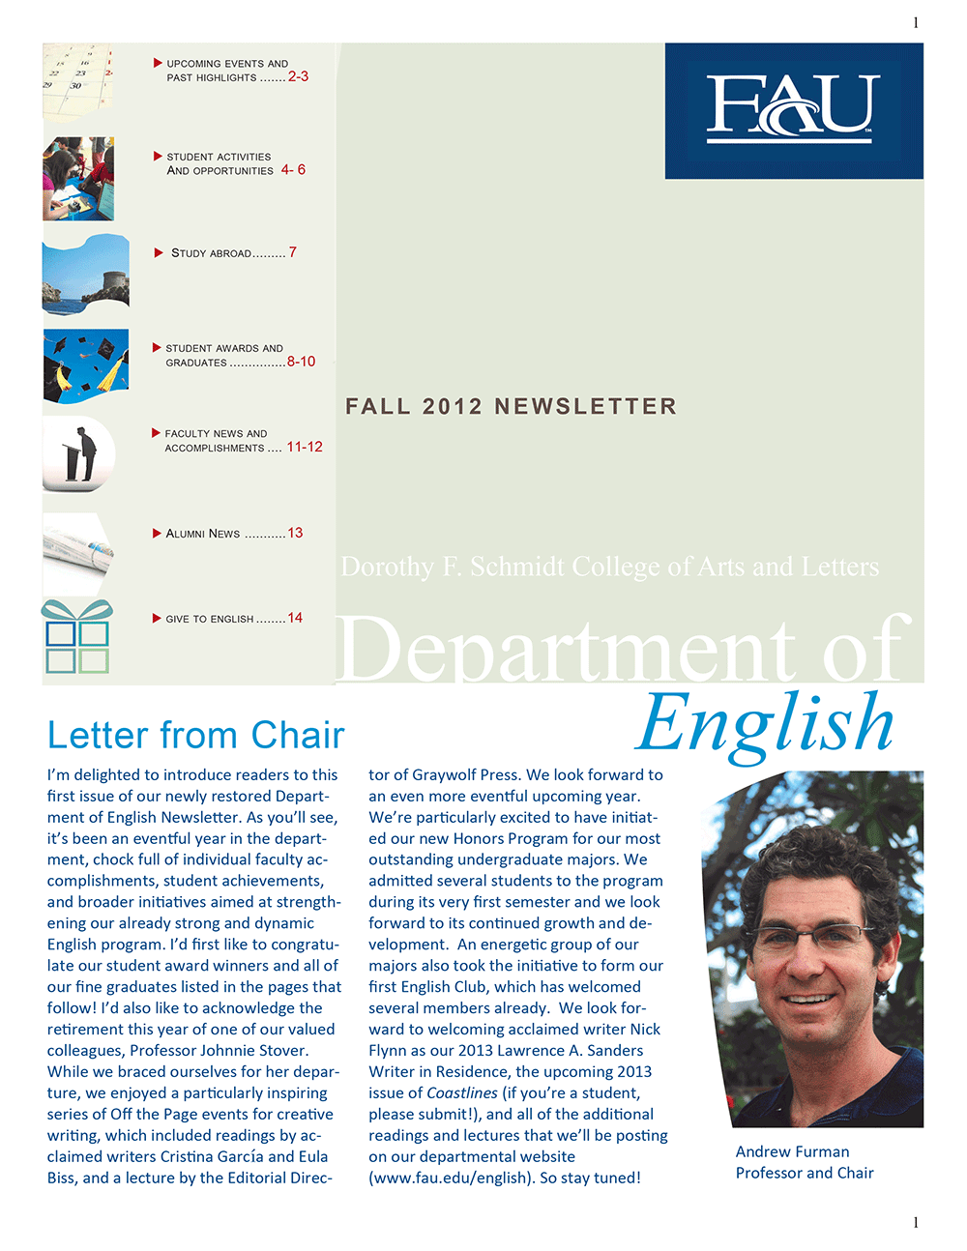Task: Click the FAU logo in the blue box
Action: pyautogui.click(x=793, y=108)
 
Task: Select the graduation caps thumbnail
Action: pyautogui.click(x=85, y=365)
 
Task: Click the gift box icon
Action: pyautogui.click(x=77, y=637)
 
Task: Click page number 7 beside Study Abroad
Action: pyautogui.click(x=293, y=252)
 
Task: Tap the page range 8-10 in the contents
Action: pyautogui.click(x=301, y=362)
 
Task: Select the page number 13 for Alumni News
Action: pyautogui.click(x=295, y=533)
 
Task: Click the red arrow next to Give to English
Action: pyautogui.click(x=157, y=618)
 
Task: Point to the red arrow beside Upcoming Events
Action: pyautogui.click(x=158, y=63)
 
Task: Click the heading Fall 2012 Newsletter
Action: pyautogui.click(x=511, y=406)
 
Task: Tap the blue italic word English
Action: pyautogui.click(x=764, y=723)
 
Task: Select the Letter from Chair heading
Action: pyautogui.click(x=195, y=736)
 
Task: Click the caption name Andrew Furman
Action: pyautogui.click(x=792, y=1151)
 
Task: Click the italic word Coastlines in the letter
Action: pyautogui.click(x=462, y=1093)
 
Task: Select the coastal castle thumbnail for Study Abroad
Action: pyautogui.click(x=85, y=275)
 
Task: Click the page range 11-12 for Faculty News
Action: pyautogui.click(x=305, y=447)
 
